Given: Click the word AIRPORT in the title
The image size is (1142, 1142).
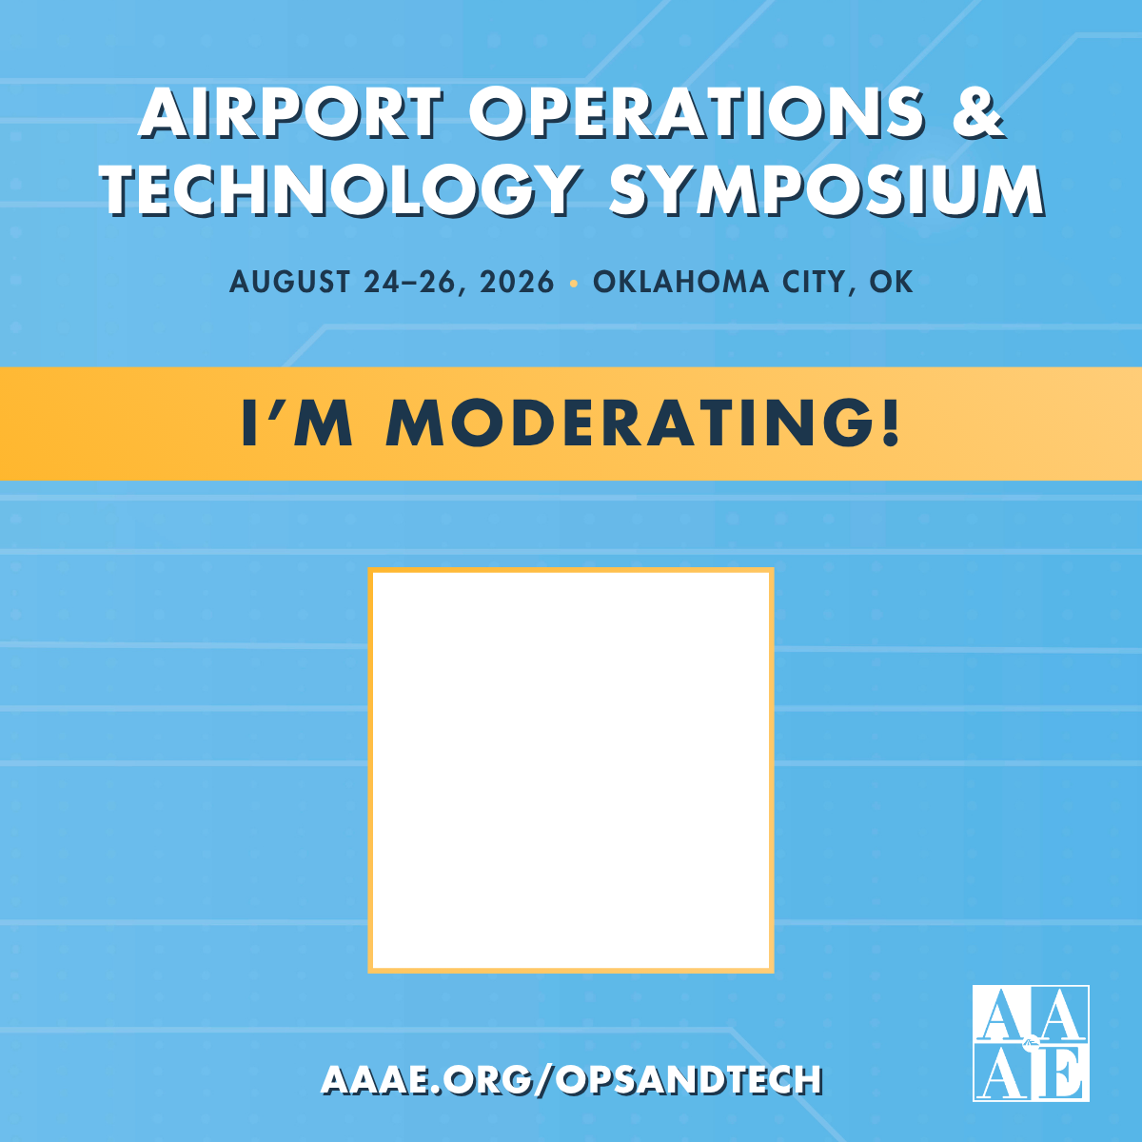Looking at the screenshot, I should (290, 112).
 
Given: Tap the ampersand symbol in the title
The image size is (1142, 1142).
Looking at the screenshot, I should (976, 112).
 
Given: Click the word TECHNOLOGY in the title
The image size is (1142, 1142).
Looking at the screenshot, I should (341, 189).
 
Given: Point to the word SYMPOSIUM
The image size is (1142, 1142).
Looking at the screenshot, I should (826, 189).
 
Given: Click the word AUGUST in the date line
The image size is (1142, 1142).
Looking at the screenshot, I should (290, 283).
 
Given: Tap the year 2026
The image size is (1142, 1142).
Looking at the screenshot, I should (518, 283).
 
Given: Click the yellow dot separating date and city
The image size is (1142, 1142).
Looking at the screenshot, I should (573, 284).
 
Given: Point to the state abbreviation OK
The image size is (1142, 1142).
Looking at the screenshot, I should (891, 283).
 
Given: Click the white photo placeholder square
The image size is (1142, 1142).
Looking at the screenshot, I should (571, 770).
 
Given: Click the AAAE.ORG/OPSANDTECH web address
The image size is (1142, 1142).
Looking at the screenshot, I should (572, 1079).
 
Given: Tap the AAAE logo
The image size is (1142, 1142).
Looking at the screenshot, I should (1031, 1043).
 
